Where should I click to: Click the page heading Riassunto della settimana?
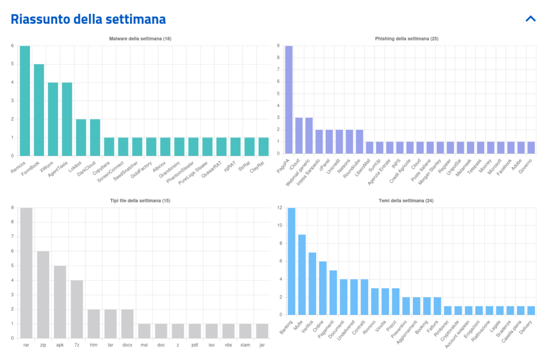tap(89, 19)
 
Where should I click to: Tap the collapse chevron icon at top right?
tap(530, 19)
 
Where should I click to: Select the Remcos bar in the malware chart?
tap(25, 101)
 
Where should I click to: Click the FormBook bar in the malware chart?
tap(39, 110)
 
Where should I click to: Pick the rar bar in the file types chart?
tap(26, 273)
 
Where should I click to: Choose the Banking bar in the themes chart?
tap(292, 261)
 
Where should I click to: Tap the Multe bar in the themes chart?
tap(302, 275)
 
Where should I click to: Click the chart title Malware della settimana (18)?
tap(140, 39)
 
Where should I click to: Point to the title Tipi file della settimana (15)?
tap(140, 201)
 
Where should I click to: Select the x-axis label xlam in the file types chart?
tap(245, 346)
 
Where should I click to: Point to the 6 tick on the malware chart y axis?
tap(12, 46)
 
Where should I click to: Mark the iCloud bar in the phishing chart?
tap(299, 137)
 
